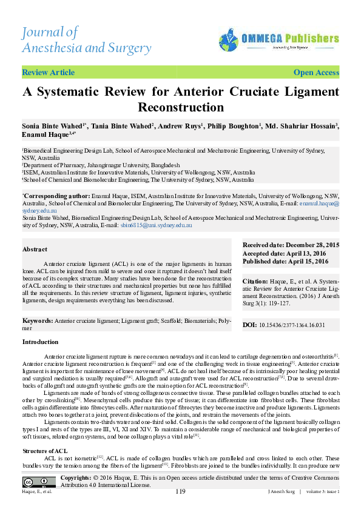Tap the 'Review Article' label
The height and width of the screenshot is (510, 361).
click(48, 73)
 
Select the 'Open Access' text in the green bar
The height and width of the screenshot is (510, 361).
click(316, 73)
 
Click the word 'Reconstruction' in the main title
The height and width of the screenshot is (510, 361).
click(181, 108)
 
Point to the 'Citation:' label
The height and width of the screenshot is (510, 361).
click(255, 282)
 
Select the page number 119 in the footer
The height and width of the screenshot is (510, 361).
click(180, 491)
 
